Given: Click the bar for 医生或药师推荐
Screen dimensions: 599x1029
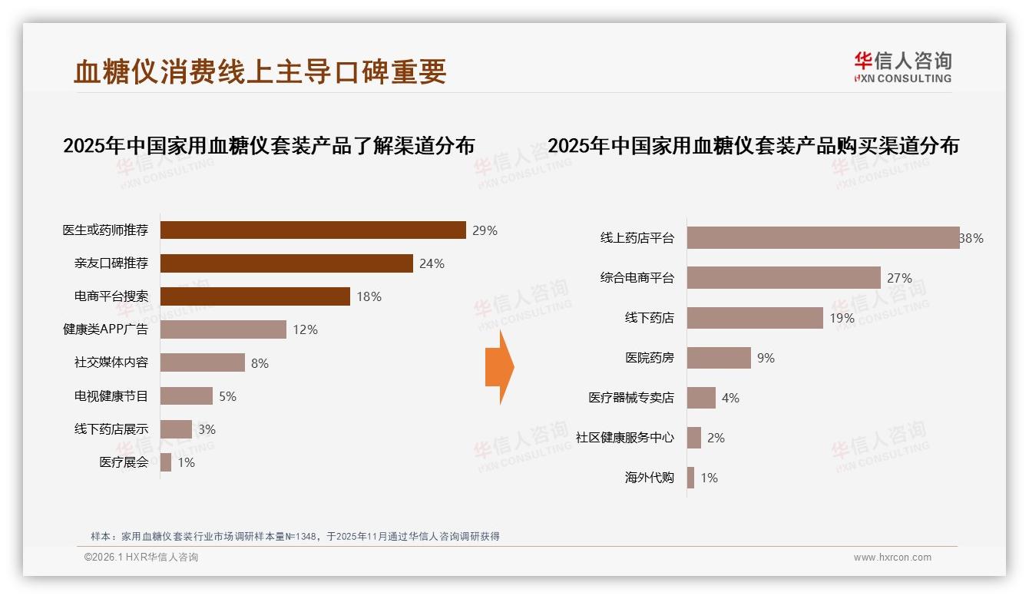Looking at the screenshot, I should (x=313, y=230).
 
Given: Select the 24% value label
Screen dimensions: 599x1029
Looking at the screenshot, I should (x=432, y=263).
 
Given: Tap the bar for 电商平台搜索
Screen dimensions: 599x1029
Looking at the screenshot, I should (x=255, y=296).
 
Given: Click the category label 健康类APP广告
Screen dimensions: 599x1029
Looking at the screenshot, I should (x=105, y=329).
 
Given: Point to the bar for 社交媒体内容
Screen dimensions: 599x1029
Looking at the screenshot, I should (x=203, y=362).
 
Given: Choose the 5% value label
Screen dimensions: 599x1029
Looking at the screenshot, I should (x=227, y=396).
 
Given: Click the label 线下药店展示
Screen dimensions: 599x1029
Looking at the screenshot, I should (x=111, y=429).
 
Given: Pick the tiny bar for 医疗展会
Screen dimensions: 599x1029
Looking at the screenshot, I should (x=166, y=462).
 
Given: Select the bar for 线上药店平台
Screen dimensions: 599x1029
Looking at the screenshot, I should (x=823, y=238).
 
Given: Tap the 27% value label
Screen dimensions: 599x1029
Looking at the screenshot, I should (x=899, y=278).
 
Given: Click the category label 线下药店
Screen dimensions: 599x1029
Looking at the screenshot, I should (x=649, y=318).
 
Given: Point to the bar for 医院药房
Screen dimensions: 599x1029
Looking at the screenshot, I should (x=719, y=358).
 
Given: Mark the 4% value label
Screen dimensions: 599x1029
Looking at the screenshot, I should (x=730, y=398).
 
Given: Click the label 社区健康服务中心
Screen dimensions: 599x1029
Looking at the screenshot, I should (x=625, y=438).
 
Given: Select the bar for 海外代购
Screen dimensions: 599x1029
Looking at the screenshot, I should (x=690, y=478).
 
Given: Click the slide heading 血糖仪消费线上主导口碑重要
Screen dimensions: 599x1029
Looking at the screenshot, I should (x=260, y=71).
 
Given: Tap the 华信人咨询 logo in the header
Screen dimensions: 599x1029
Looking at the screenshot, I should (x=902, y=67).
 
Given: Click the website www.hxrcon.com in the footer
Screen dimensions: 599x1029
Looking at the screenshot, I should (x=892, y=558).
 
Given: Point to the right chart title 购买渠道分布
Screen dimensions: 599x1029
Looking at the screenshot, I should (x=753, y=145).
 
